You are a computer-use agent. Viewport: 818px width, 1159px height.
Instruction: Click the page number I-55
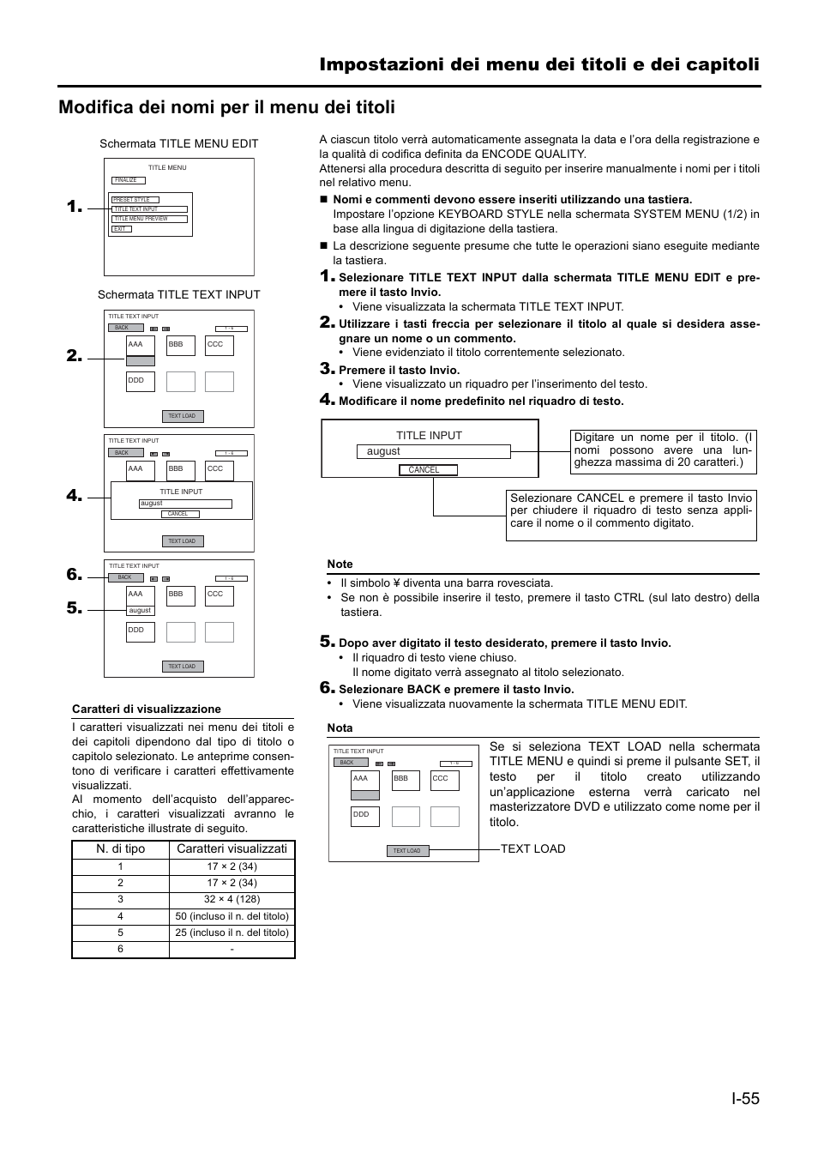[x=745, y=1097]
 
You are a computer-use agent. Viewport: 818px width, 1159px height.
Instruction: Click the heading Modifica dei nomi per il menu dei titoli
[x=227, y=107]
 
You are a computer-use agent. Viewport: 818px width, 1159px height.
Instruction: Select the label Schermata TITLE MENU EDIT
[x=178, y=143]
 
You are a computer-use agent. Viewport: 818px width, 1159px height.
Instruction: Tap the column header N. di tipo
[x=120, y=848]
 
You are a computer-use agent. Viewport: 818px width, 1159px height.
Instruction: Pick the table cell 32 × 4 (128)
[x=232, y=899]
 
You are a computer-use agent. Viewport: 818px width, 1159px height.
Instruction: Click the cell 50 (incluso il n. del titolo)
[x=232, y=916]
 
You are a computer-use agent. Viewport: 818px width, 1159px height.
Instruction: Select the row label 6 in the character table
[x=120, y=949]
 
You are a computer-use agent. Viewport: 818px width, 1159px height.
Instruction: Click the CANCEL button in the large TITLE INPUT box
[x=428, y=470]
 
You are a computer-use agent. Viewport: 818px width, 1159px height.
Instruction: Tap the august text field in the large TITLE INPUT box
[x=433, y=451]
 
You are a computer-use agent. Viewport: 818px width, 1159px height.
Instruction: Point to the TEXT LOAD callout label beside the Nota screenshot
[x=532, y=848]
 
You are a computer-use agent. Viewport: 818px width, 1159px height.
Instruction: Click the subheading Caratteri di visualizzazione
[x=147, y=709]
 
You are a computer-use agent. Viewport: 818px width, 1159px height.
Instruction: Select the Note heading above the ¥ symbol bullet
[x=340, y=564]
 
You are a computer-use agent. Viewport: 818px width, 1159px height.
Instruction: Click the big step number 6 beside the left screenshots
[x=75, y=575]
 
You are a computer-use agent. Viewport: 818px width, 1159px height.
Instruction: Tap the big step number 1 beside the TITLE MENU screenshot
[x=75, y=207]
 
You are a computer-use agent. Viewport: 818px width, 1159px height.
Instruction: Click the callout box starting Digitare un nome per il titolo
[x=663, y=450]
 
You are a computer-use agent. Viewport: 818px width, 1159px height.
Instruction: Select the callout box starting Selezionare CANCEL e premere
[x=631, y=515]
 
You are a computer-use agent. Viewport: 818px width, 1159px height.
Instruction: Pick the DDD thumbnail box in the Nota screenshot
[x=364, y=816]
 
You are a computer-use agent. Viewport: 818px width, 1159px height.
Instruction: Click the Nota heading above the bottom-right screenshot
[x=340, y=727]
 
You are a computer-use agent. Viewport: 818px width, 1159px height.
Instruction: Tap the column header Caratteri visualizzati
[x=232, y=848]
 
